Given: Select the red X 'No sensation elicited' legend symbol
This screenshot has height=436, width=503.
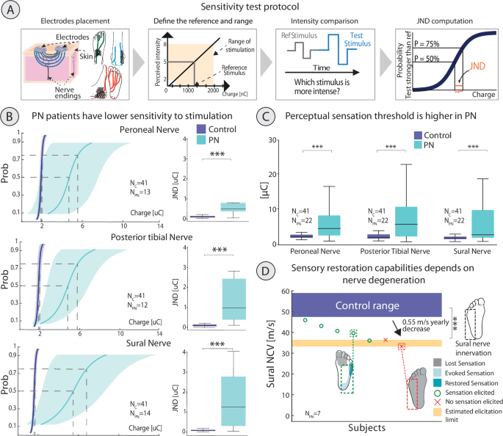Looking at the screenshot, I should pos(438,403).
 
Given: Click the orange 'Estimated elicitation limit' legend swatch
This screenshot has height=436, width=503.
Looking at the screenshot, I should pos(438,413).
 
